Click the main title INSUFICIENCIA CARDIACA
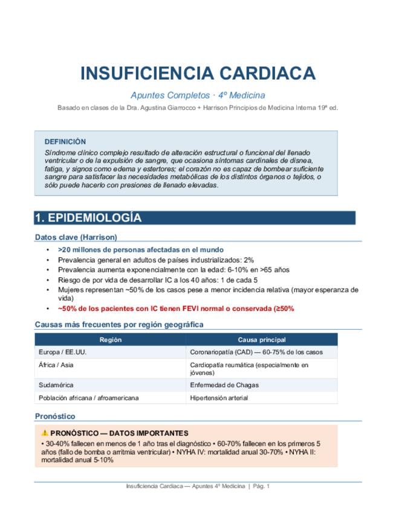[198, 74]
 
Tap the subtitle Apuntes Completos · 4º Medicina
[198, 95]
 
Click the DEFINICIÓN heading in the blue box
[65, 141]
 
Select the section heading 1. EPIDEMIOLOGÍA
[88, 218]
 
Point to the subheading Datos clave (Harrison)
[76, 237]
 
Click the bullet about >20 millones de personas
[140, 249]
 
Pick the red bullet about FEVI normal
[176, 309]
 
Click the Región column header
[110, 340]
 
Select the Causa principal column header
[262, 340]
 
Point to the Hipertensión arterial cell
[219, 398]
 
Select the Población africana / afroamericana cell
[88, 398]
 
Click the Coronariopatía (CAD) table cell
[256, 352]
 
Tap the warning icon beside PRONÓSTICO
[45, 433]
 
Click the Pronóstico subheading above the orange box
[55, 416]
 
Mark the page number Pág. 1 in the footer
[261, 486]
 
